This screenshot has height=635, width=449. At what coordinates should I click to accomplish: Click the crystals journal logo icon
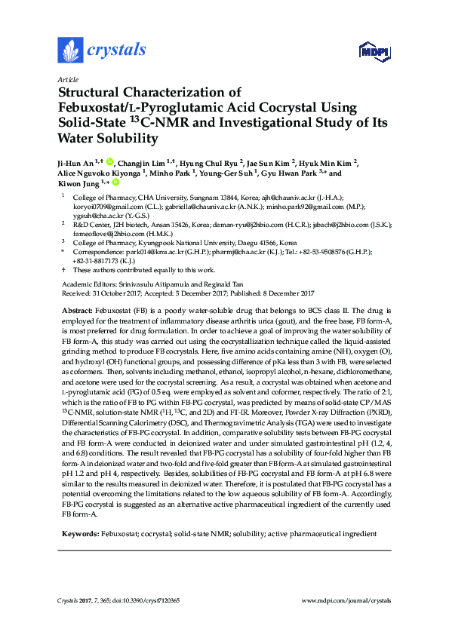(x=70, y=51)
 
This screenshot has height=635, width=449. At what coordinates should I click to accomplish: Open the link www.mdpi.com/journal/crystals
(x=346, y=601)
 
